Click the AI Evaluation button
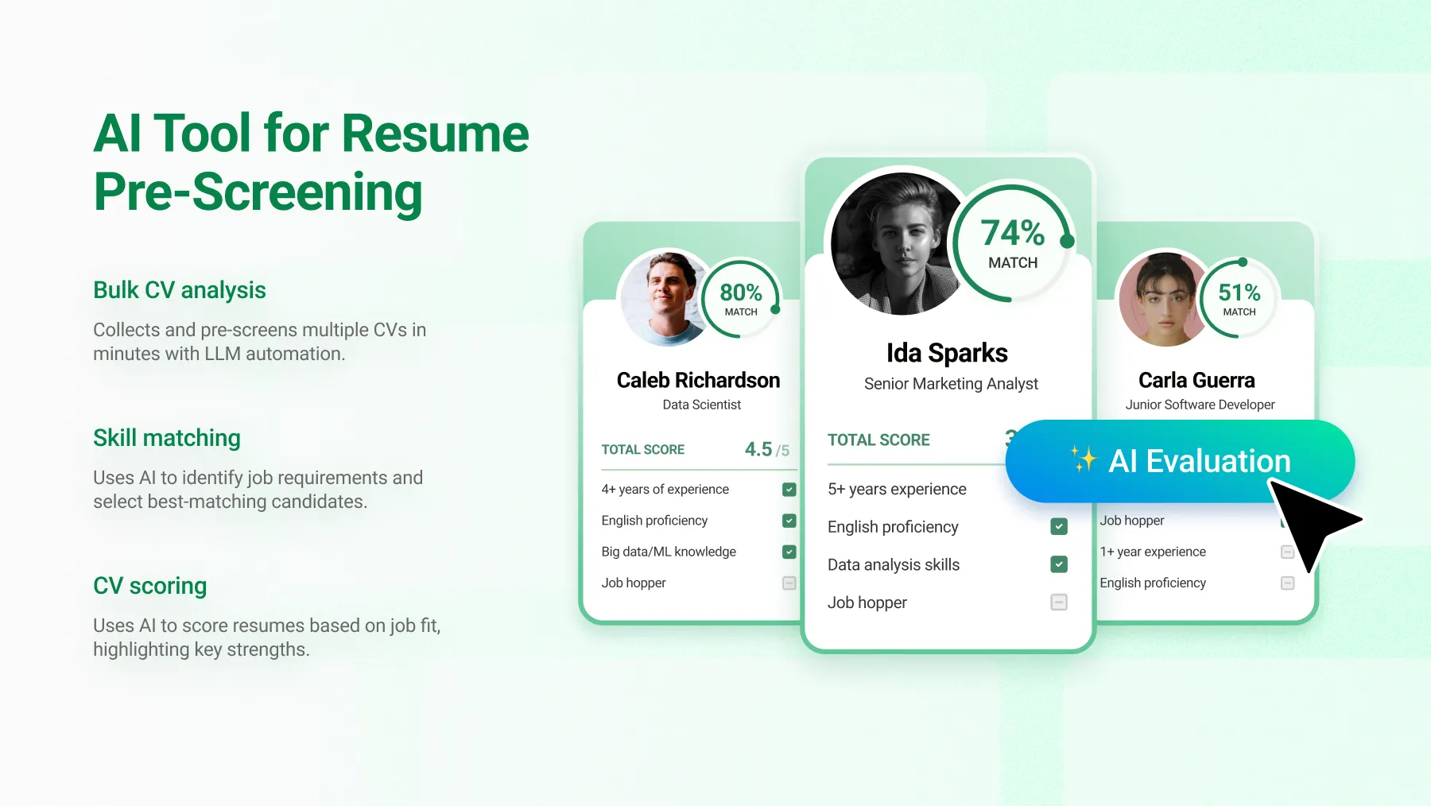1180,461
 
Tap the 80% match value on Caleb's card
741,293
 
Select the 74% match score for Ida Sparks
1013,233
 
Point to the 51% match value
1239,293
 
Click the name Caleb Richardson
698,380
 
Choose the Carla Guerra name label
1196,380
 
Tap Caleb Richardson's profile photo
666,298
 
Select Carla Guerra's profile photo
1164,298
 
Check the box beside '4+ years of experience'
789,490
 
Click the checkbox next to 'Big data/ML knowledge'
789,552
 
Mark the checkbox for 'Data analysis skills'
1059,564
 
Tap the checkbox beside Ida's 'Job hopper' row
1059,603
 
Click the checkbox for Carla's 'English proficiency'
1288,583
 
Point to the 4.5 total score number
758,449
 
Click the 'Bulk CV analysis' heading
180,290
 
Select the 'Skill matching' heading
167,438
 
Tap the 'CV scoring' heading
150,586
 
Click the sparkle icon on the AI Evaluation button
1083,459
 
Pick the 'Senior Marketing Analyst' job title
951,384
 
